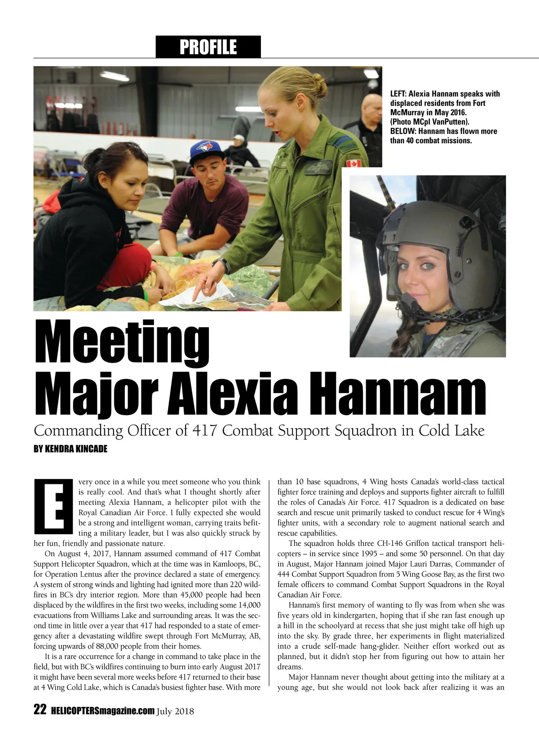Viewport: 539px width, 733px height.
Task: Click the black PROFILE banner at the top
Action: [208, 47]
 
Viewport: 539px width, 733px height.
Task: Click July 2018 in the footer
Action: [176, 711]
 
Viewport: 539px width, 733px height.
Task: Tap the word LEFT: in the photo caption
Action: [398, 94]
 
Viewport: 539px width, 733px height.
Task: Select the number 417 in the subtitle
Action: [205, 430]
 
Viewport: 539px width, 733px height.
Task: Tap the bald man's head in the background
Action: [370, 106]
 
